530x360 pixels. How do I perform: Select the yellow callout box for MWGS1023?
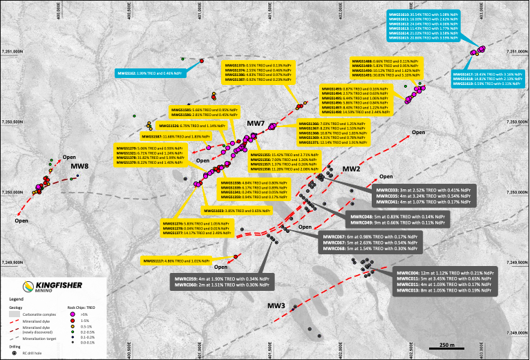[x=234, y=209]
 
